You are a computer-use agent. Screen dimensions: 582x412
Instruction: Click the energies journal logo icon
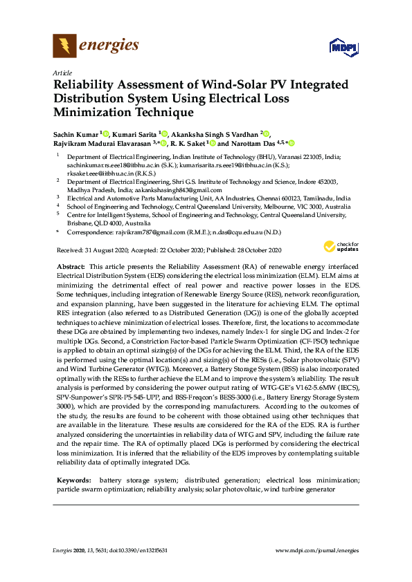(x=64, y=46)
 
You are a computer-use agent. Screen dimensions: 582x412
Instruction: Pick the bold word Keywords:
(x=73, y=479)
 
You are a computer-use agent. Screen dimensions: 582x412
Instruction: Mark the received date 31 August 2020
(x=102, y=250)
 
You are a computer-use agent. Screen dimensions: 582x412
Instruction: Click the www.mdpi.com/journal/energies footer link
(x=317, y=550)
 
